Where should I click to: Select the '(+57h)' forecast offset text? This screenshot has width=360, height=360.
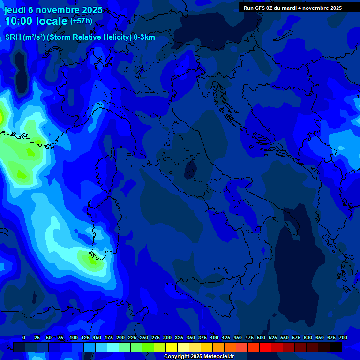click(x=81, y=21)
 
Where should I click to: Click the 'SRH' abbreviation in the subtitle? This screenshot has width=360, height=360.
click(x=13, y=37)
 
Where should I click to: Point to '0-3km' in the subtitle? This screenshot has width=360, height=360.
click(x=144, y=37)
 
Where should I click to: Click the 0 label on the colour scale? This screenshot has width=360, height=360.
click(x=24, y=337)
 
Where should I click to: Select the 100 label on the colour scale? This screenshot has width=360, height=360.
click(x=74, y=337)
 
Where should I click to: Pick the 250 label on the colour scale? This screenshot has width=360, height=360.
click(x=144, y=337)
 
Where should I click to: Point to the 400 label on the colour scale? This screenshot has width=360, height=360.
click(x=214, y=337)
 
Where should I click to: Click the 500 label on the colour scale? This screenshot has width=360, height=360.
click(x=261, y=337)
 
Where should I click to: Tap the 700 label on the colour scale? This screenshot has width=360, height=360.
click(x=343, y=337)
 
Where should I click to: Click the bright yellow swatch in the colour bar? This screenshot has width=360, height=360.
click(x=172, y=347)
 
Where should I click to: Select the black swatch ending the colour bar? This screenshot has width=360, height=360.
click(x=336, y=347)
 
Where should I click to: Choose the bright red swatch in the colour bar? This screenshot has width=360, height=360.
click(x=265, y=347)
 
